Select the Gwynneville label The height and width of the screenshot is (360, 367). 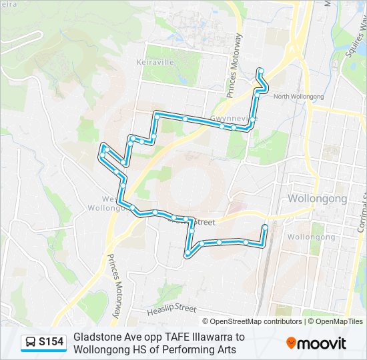click(233, 119)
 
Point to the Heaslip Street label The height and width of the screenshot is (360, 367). click(171, 309)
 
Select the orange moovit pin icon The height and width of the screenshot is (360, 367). click(292, 343)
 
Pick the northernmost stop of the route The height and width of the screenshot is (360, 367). click(260, 71)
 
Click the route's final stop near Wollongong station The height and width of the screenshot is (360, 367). click(265, 227)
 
